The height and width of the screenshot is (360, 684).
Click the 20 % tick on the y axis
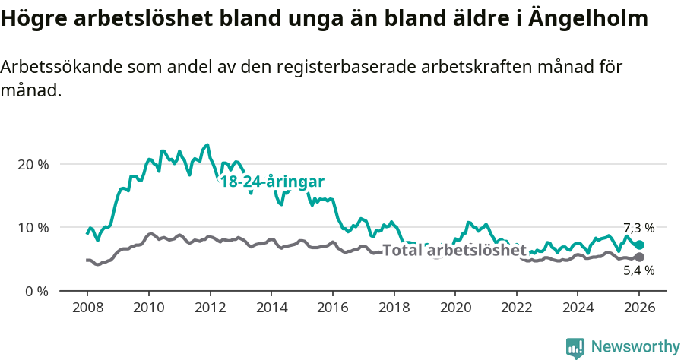tap(33, 164)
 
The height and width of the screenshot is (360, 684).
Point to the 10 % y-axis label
tap(33, 228)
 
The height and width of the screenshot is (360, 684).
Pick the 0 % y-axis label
tap(36, 291)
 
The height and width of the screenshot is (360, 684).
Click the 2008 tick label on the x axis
tap(87, 308)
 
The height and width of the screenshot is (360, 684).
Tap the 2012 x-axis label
tap(210, 308)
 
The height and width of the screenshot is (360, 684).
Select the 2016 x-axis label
tap(332, 308)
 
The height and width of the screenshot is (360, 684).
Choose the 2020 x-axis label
tap(454, 308)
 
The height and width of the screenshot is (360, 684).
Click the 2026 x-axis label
tap(639, 308)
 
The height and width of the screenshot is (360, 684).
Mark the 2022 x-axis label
tap(517, 308)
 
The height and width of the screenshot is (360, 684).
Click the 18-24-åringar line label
tap(272, 182)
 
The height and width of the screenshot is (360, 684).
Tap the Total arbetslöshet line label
tap(454, 250)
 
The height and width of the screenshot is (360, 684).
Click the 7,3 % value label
tap(638, 228)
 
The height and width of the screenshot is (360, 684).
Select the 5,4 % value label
tap(638, 270)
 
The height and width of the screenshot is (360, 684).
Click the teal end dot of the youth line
tap(639, 245)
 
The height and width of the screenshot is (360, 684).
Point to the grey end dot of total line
tap(639, 257)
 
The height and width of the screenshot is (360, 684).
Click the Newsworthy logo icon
tap(575, 347)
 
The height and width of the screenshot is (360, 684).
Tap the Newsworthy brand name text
tap(635, 346)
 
